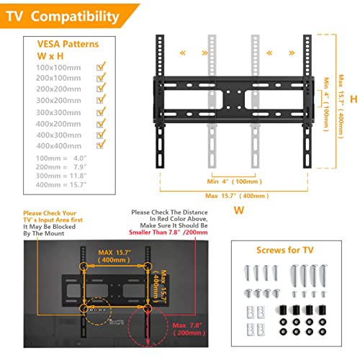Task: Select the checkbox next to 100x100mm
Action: (x=102, y=66)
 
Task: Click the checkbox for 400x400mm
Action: (x=102, y=145)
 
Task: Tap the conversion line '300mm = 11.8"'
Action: (x=56, y=175)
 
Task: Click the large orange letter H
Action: (x=353, y=98)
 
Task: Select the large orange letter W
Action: (x=240, y=210)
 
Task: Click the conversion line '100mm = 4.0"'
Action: (x=56, y=156)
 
